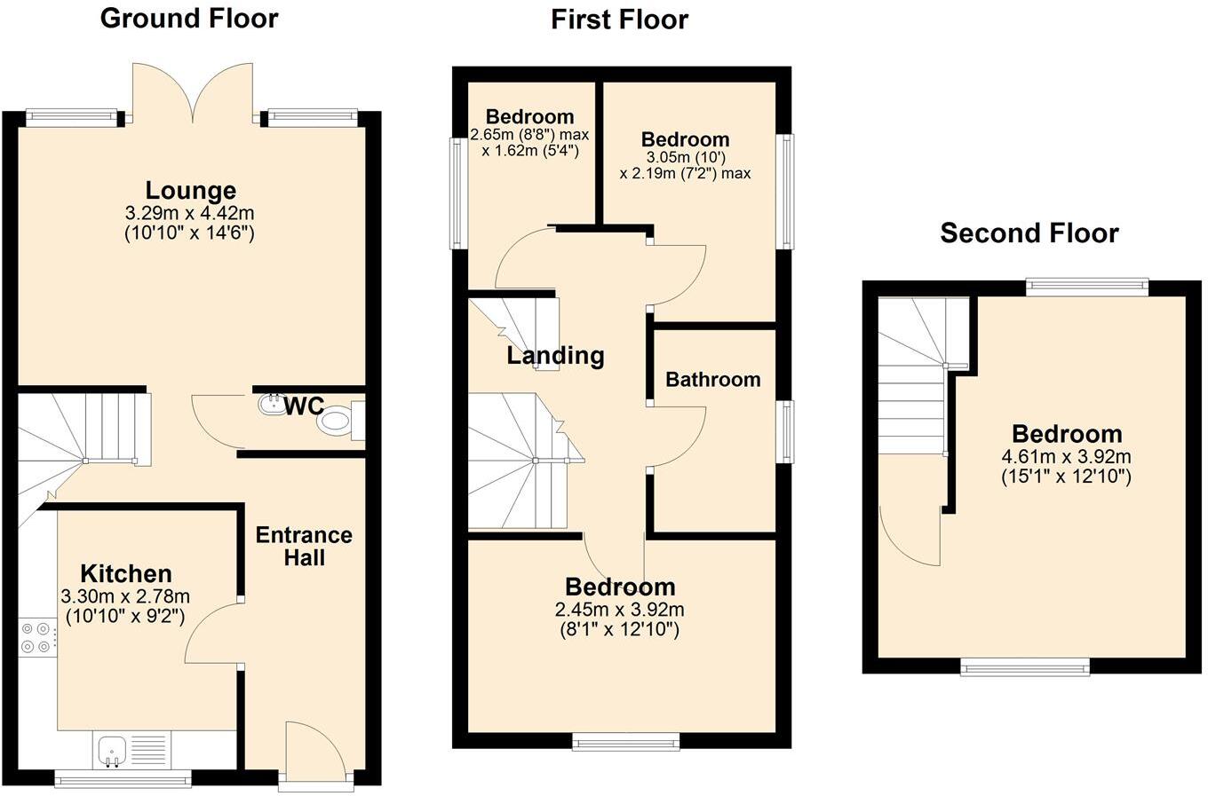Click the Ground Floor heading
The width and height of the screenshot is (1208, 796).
tap(188, 19)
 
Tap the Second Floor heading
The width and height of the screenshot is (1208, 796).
tap(1029, 233)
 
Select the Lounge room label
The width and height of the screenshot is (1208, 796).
tap(191, 191)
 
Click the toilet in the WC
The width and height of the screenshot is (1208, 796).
tap(338, 421)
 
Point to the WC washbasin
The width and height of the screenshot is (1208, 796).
tap(269, 406)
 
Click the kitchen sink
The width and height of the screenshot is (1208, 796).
tap(112, 751)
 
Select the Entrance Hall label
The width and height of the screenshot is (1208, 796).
tap(304, 547)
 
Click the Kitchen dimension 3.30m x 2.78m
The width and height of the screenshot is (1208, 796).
tap(125, 597)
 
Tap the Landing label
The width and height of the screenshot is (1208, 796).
tap(555, 356)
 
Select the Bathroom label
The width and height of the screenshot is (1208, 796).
tap(712, 380)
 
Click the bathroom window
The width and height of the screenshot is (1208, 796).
tap(784, 431)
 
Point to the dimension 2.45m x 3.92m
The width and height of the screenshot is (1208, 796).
tap(619, 610)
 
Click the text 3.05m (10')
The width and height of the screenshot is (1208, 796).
tap(685, 157)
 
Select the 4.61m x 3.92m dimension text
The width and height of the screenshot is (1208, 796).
tap(1066, 457)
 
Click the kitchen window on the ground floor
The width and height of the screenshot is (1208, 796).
tap(123, 780)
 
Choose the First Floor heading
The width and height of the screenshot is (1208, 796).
tap(619, 20)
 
